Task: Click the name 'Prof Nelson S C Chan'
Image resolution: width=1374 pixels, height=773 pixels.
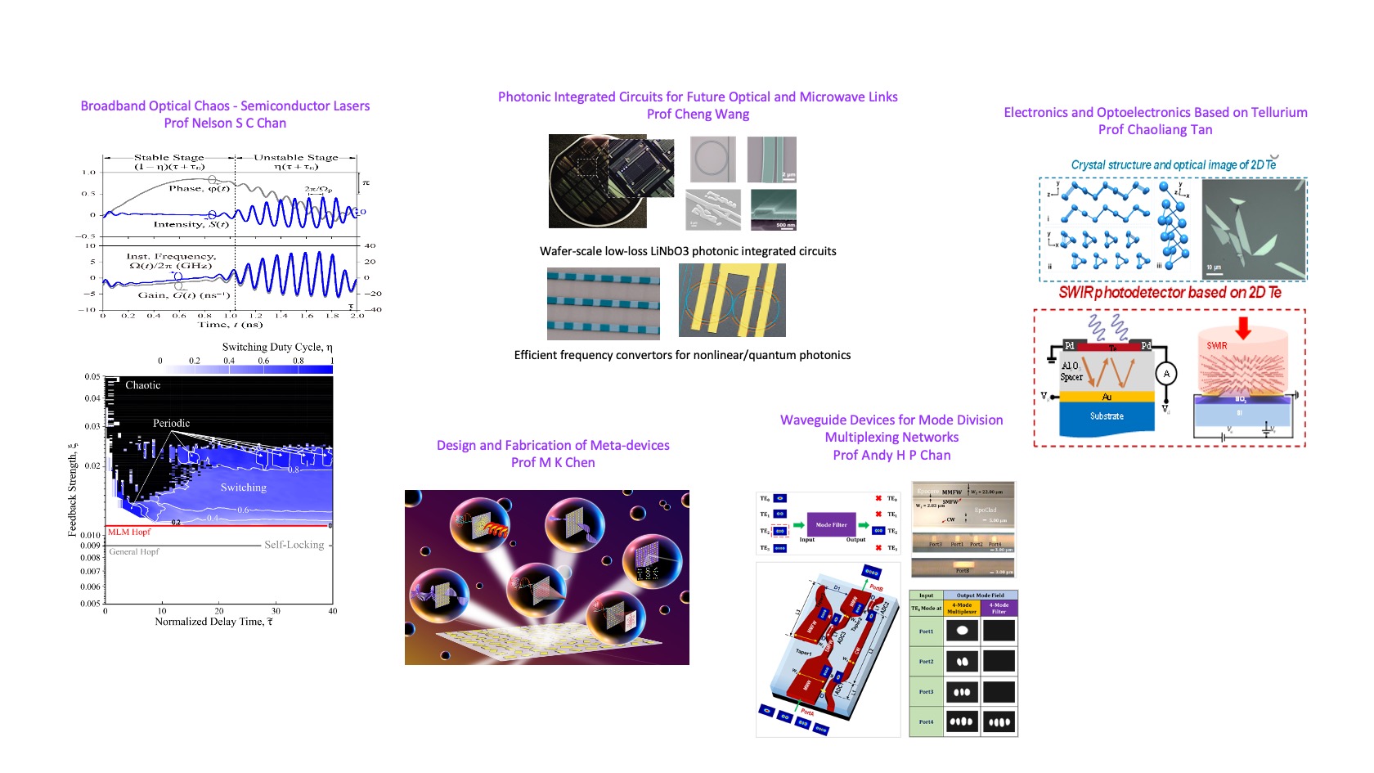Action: pos(225,123)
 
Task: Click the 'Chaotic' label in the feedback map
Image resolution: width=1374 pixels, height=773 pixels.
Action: pos(142,384)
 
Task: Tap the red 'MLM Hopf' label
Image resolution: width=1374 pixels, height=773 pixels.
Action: pos(129,532)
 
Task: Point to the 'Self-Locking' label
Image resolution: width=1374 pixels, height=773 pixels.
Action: pos(294,545)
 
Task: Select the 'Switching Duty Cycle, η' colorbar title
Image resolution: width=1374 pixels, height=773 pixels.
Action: pos(277,347)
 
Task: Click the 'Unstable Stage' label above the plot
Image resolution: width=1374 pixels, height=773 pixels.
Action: pos(295,157)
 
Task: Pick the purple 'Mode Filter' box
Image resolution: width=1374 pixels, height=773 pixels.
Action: pos(831,525)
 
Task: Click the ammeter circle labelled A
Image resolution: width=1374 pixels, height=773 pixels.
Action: pos(1166,374)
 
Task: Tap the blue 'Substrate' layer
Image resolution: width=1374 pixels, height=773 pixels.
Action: pos(1106,416)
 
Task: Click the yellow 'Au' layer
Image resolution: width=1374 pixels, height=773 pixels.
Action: pos(1106,397)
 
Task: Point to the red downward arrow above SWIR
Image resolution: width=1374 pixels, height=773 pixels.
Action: pos(1243,328)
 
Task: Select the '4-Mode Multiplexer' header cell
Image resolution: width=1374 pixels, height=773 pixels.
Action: pos(962,608)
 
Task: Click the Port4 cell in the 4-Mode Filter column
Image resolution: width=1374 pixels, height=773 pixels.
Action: pos(999,721)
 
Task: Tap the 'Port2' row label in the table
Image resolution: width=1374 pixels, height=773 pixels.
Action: pos(926,661)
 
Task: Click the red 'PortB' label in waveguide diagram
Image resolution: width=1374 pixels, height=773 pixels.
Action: pos(876,587)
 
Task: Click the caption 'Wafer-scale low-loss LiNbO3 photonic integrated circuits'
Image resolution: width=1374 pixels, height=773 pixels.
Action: pos(688,251)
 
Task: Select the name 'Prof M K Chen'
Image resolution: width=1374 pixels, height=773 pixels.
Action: pos(553,462)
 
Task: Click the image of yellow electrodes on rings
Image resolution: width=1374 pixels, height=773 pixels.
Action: pos(732,300)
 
